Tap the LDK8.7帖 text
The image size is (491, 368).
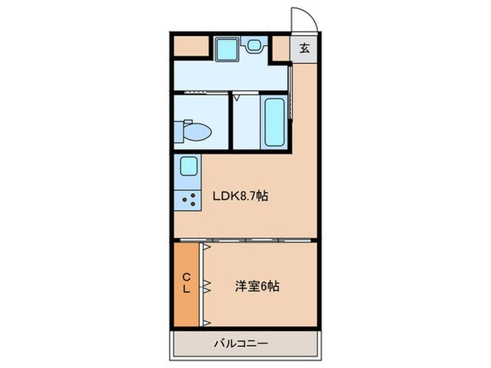click(x=242, y=196)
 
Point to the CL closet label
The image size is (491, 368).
click(x=187, y=283)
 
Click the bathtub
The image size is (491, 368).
click(x=273, y=120)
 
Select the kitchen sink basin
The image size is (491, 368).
click(x=188, y=168)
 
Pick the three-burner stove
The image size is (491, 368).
click(x=189, y=199)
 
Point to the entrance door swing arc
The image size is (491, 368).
click(x=298, y=18)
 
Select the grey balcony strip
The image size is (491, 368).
click(x=243, y=343)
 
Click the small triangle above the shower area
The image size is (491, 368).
click(x=237, y=96)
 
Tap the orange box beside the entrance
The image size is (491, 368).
click(x=281, y=49)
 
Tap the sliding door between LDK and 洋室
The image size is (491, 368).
click(x=244, y=240)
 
